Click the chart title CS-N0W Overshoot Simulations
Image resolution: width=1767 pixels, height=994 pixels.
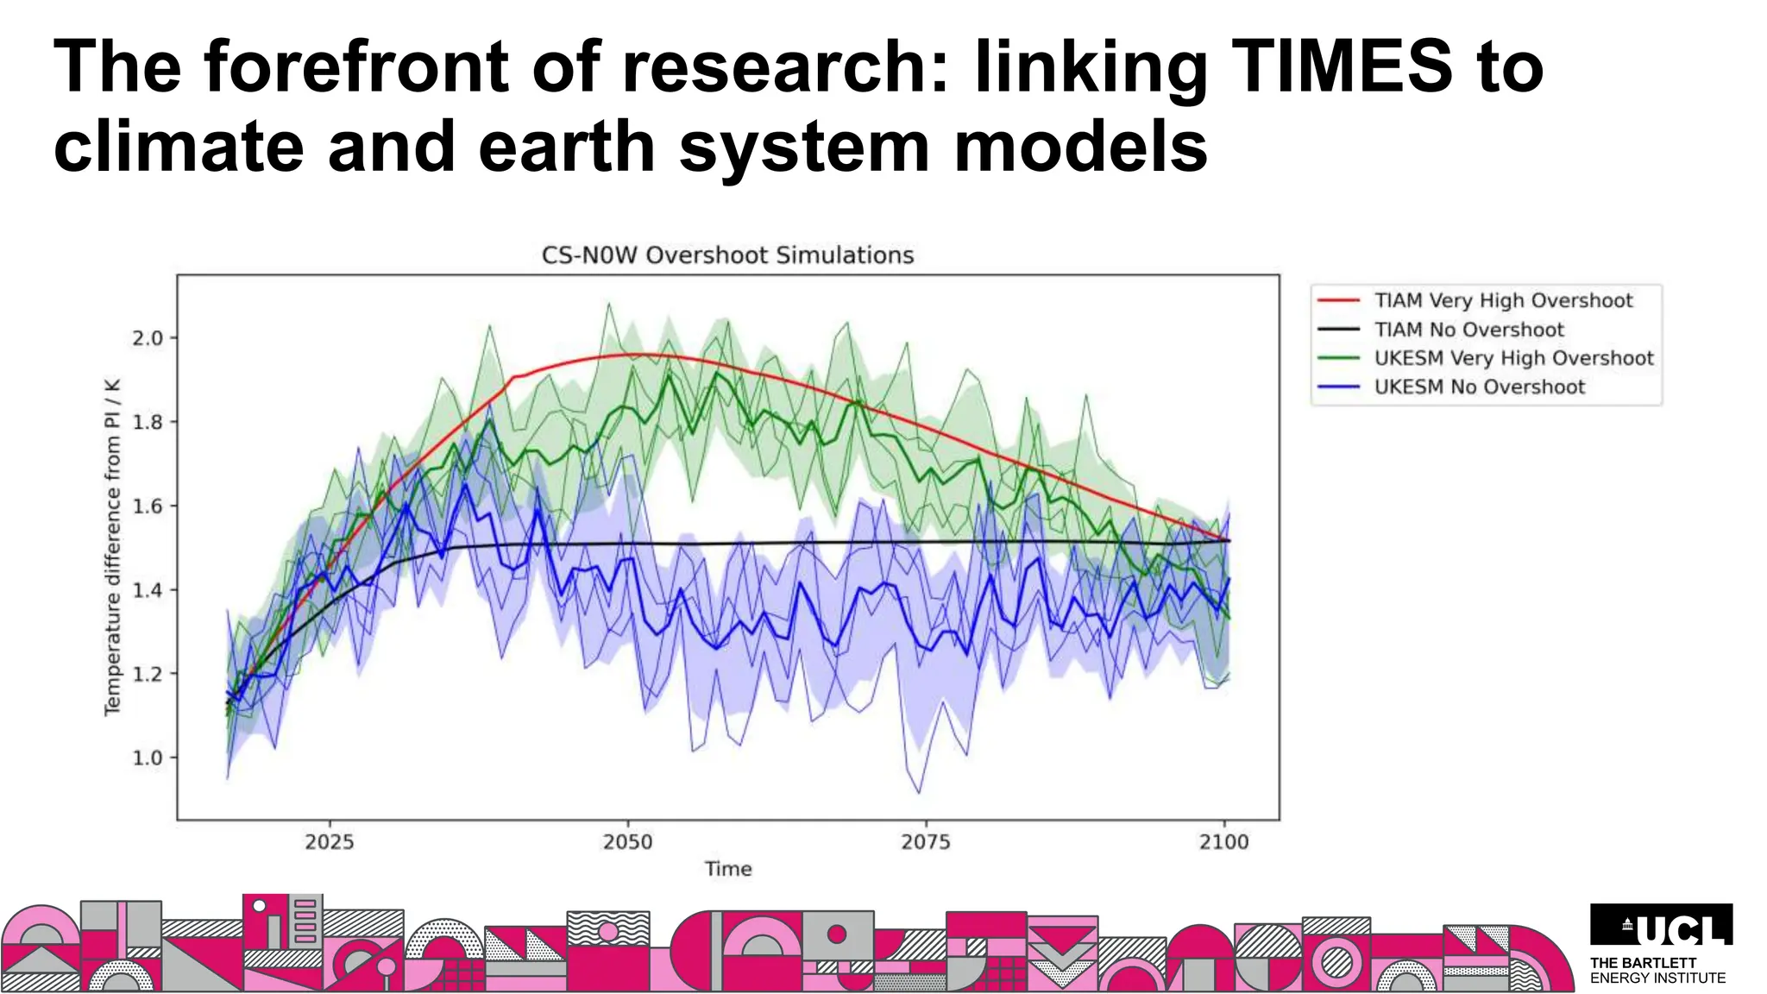point(727,255)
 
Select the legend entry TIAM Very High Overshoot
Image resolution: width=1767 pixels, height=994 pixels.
point(1503,300)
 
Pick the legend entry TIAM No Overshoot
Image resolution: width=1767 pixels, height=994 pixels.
point(1468,330)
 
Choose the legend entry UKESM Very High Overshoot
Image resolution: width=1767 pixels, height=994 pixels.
point(1513,358)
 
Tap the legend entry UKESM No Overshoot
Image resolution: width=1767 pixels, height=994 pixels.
point(1479,387)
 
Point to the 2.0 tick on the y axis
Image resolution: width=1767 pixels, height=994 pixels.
point(148,338)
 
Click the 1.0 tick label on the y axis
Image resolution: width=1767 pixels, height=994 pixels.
point(148,758)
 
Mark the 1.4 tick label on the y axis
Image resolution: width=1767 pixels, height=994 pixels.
point(148,590)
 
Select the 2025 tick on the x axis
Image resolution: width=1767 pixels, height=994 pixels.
point(330,841)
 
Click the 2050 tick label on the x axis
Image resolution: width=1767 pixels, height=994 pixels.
point(627,841)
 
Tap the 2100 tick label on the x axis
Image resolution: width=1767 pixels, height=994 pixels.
point(1223,841)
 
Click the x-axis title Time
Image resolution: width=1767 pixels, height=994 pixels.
point(727,869)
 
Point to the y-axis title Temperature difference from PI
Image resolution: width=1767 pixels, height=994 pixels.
point(112,547)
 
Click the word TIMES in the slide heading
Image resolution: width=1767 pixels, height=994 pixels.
point(1343,66)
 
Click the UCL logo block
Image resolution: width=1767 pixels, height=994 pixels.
point(1661,925)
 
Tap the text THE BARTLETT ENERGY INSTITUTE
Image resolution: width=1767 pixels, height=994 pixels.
point(1657,970)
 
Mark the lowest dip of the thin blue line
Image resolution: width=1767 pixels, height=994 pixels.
point(919,793)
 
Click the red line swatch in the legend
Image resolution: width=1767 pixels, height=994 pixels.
point(1338,301)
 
